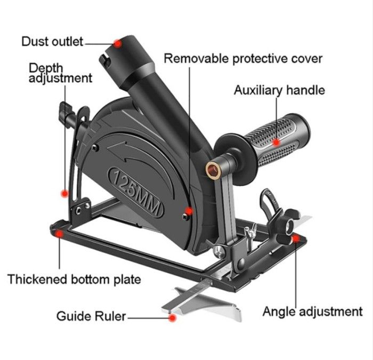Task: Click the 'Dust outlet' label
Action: tap(53, 41)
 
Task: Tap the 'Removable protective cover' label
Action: tap(242, 58)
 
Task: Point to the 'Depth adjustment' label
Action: tap(60, 73)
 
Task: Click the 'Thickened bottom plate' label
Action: tap(74, 279)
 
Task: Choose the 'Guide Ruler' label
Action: tap(91, 316)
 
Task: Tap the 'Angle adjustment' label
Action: tap(312, 311)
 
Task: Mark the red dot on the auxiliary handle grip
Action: tap(276, 142)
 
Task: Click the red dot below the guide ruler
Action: tap(172, 318)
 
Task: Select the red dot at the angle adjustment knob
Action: tap(295, 239)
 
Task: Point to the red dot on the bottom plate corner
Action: tap(60, 233)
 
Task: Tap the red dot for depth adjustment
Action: tap(64, 193)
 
